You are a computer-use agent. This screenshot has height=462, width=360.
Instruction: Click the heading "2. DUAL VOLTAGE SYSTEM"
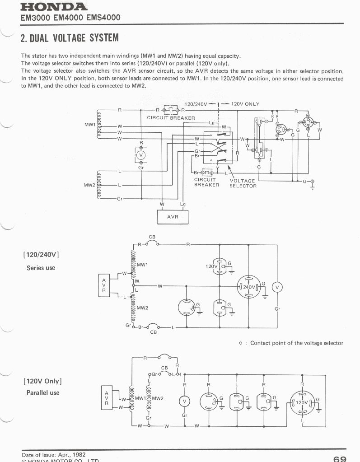[70, 37]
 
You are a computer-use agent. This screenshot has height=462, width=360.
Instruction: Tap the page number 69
[339, 458]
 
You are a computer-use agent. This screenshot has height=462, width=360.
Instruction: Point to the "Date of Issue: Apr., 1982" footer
[54, 454]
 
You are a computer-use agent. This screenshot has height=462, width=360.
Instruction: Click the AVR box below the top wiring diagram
[173, 217]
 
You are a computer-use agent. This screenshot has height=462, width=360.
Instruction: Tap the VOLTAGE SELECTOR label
[243, 183]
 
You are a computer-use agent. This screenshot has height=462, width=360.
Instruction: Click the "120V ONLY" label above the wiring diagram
[245, 104]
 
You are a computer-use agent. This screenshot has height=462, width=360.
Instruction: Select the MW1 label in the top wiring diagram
[90, 124]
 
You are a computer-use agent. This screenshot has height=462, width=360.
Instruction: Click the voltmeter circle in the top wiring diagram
[141, 155]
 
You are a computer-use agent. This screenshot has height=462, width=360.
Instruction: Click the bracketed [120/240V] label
[41, 254]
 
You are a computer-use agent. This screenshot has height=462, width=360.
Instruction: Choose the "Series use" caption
[41, 268]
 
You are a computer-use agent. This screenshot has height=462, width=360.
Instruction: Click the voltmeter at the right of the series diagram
[277, 287]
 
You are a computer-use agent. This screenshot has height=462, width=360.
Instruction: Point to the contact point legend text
[296, 343]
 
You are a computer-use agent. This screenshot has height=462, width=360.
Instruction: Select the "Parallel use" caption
[43, 393]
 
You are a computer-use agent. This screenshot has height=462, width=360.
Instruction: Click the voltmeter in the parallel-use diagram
[184, 401]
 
